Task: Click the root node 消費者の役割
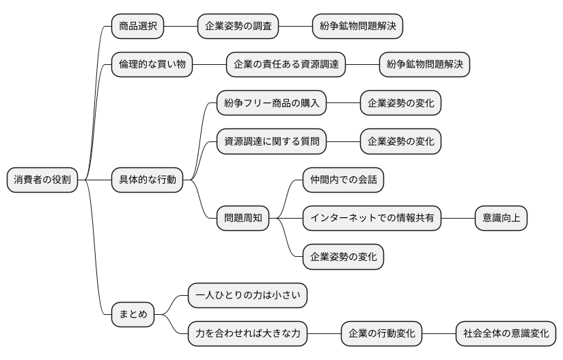point(42,180)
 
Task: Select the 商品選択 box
point(137,27)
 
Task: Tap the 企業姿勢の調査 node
point(238,27)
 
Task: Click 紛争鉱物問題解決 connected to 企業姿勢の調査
point(357,27)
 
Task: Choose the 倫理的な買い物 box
point(152,65)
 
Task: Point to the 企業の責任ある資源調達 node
point(286,65)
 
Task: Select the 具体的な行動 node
point(147,180)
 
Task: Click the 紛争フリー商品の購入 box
point(271,103)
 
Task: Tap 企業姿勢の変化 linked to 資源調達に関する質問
point(400,141)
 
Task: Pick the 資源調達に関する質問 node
point(271,141)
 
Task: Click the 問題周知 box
point(243,219)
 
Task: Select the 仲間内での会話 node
point(343,180)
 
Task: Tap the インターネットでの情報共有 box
point(372,219)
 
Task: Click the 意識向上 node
point(501,219)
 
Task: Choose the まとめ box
point(133,315)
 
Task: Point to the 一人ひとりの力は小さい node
point(247,296)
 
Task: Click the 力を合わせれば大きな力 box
point(247,334)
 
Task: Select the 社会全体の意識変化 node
point(506,334)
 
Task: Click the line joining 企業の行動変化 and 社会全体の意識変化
point(439,334)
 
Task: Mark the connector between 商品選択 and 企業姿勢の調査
point(180,27)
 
